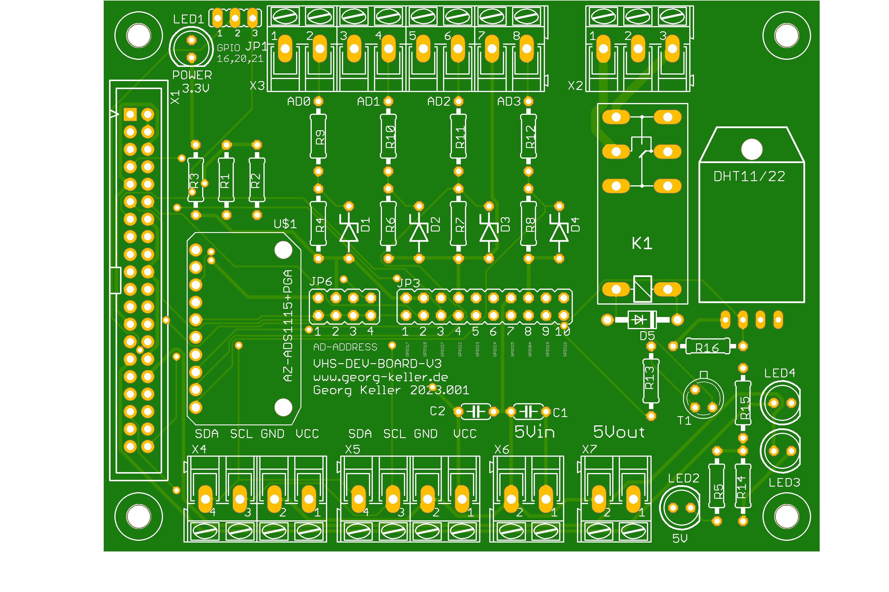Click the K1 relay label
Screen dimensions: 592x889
642,244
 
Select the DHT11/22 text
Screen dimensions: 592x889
749,176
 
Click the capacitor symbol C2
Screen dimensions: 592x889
476,411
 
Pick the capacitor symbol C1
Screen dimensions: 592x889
528,411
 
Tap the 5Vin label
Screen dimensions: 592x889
535,432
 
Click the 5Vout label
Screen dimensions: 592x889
619,432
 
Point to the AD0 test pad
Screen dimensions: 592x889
318,101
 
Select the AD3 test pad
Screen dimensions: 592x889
528,101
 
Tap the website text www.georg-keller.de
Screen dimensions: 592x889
380,377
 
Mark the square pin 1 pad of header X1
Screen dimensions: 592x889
130,114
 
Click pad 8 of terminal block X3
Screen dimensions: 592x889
526,48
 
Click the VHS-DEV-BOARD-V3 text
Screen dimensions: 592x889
377,363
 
